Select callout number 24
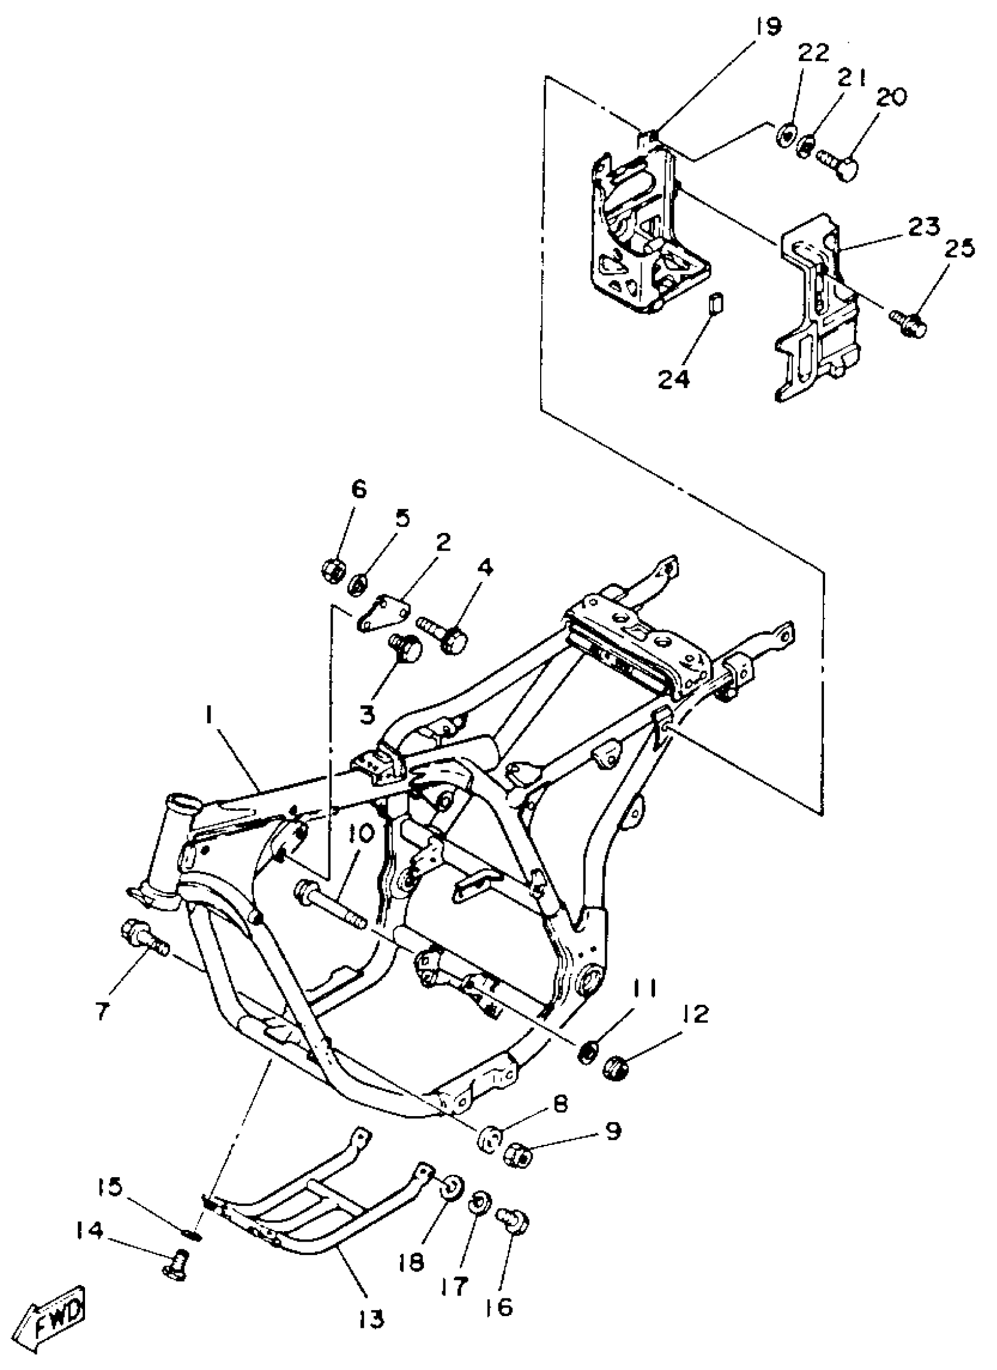(x=674, y=380)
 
